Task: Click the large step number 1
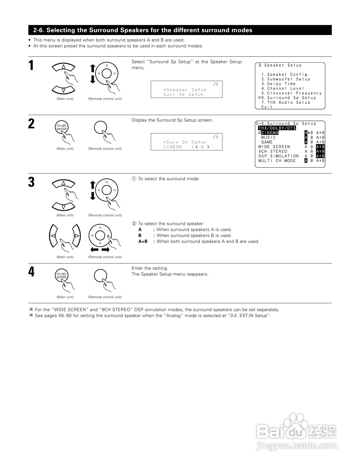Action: coord(31,66)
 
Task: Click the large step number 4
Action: coord(31,272)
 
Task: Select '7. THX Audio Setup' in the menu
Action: coord(286,102)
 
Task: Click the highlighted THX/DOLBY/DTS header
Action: coord(277,128)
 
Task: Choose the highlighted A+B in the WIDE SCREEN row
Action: coord(320,147)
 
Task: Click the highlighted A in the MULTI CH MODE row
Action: coord(306,161)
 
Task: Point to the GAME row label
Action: coord(267,142)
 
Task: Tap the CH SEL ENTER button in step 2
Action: coord(62,128)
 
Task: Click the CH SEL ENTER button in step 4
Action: coord(62,276)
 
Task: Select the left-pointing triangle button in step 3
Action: coord(53,236)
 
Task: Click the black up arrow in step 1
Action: coord(93,68)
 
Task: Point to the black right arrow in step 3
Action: coord(105,250)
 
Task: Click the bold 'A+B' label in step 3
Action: coord(143,241)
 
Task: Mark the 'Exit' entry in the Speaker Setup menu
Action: coord(267,107)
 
